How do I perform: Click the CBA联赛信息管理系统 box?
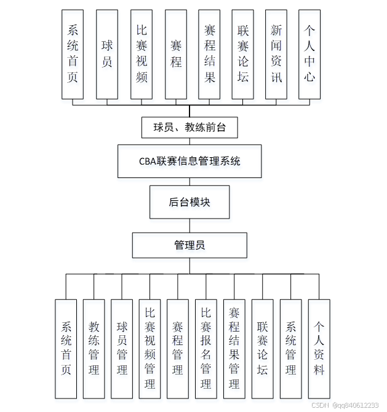(190, 161)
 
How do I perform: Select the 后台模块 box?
(190, 202)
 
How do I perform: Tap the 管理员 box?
(190, 245)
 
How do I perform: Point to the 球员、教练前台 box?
(190, 128)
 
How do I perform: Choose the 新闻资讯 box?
(276, 54)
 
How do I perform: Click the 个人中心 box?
(309, 54)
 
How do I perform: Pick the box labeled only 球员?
(107, 54)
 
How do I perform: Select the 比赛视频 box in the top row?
(142, 54)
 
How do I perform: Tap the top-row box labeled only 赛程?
(176, 54)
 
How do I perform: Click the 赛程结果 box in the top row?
(209, 54)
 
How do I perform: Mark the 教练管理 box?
(94, 348)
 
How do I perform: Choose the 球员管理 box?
(122, 348)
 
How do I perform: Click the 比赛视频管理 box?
(150, 348)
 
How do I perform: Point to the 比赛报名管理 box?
(206, 348)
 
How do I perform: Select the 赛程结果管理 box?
(234, 348)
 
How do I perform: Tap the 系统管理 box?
(290, 348)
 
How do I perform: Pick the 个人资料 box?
(319, 348)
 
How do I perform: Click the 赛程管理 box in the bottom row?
(178, 348)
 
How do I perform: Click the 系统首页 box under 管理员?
(66, 348)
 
